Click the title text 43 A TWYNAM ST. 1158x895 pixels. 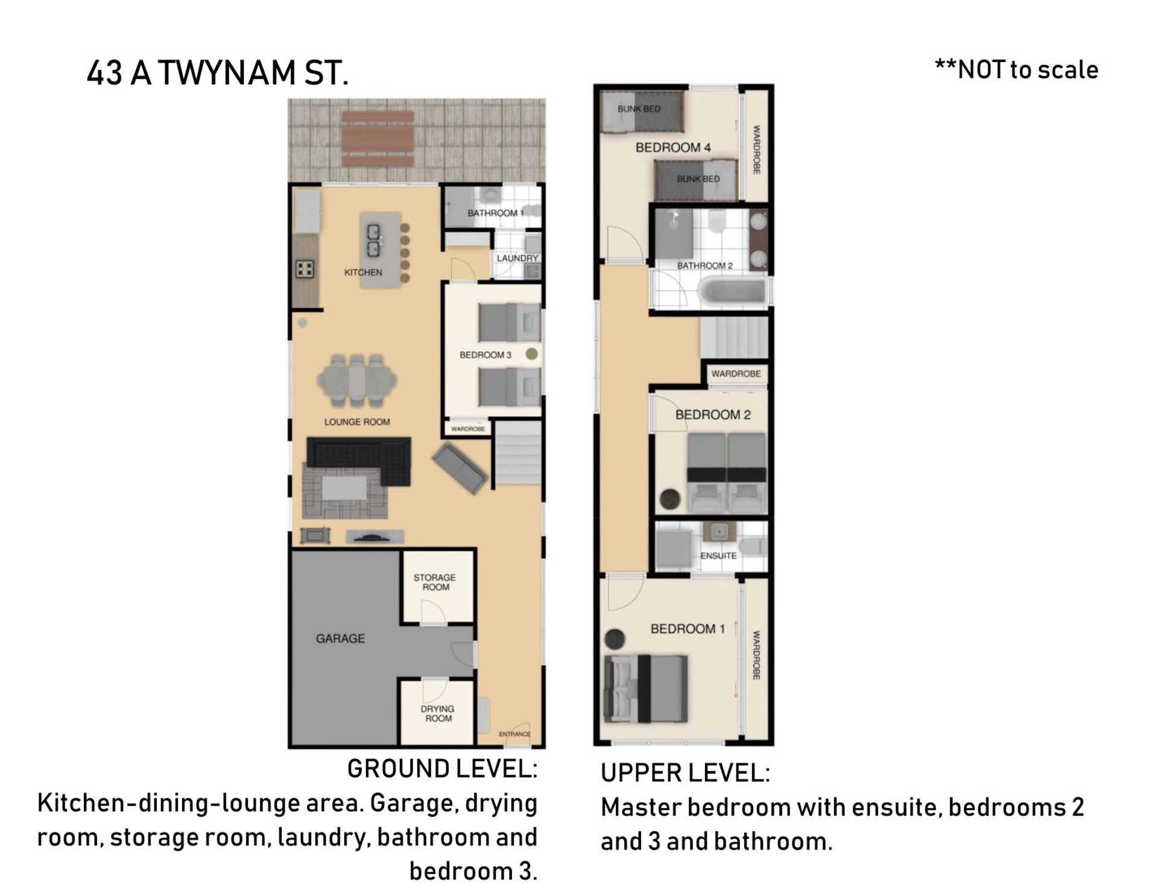tap(218, 74)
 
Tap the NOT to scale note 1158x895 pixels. tap(1016, 70)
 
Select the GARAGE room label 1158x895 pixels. tap(340, 638)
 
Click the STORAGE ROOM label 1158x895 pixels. tap(435, 582)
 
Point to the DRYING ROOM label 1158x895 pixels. tap(438, 713)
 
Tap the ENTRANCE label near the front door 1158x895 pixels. tap(514, 734)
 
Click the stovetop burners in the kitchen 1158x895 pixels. tap(305, 268)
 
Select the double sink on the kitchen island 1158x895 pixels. tap(373, 239)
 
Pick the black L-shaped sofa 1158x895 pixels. tap(359, 460)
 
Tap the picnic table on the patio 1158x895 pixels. tap(378, 139)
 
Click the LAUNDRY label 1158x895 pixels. tap(517, 258)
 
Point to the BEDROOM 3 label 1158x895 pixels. tap(486, 355)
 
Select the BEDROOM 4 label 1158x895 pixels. tap(673, 147)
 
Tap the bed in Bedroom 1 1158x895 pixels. tap(646, 689)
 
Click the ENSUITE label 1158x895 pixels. tap(718, 555)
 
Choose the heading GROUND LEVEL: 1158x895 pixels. tap(442, 769)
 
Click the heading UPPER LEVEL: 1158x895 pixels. tap(685, 773)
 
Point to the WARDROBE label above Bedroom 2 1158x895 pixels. tap(736, 374)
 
